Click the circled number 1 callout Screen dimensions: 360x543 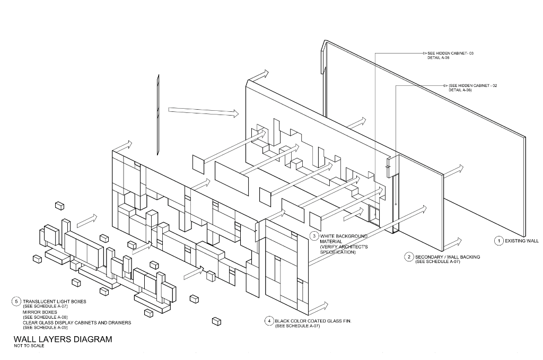point(498,241)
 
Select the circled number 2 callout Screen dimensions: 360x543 point(409,257)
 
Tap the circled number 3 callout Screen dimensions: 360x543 point(314,235)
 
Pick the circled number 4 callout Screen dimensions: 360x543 point(269,321)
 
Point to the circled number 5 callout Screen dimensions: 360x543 point(16,302)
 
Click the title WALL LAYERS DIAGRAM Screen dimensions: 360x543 point(63,339)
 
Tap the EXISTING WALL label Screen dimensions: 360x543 point(521,241)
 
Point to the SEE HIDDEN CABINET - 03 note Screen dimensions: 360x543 point(449,54)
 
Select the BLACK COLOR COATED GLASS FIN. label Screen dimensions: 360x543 point(313,321)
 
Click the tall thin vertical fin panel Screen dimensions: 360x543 point(158,114)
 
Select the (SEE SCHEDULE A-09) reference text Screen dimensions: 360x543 point(45,328)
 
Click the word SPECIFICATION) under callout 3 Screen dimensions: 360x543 point(337,252)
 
